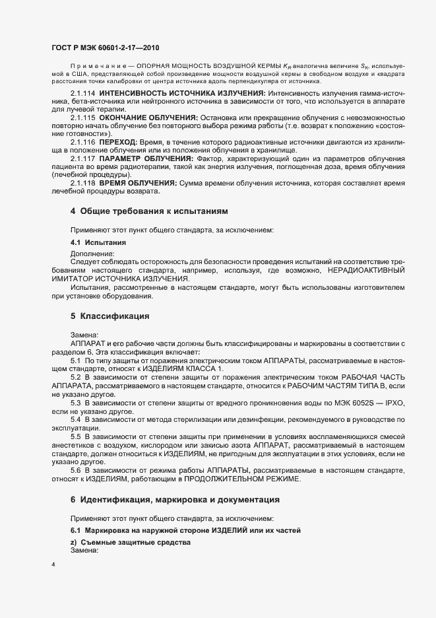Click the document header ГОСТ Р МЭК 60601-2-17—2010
pyautogui.click(x=105, y=48)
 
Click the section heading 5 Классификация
pyautogui.click(x=109, y=316)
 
